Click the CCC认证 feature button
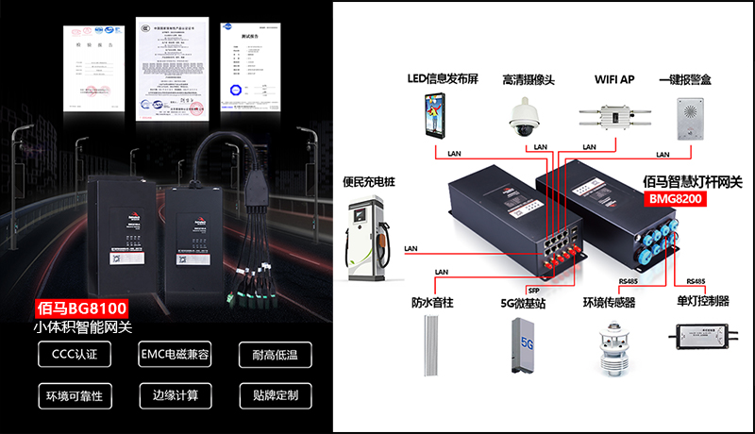pos(74,355)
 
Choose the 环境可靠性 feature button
pos(74,394)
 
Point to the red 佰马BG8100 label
pos(81,309)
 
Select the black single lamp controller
pos(702,335)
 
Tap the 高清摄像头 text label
pos(528,80)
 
